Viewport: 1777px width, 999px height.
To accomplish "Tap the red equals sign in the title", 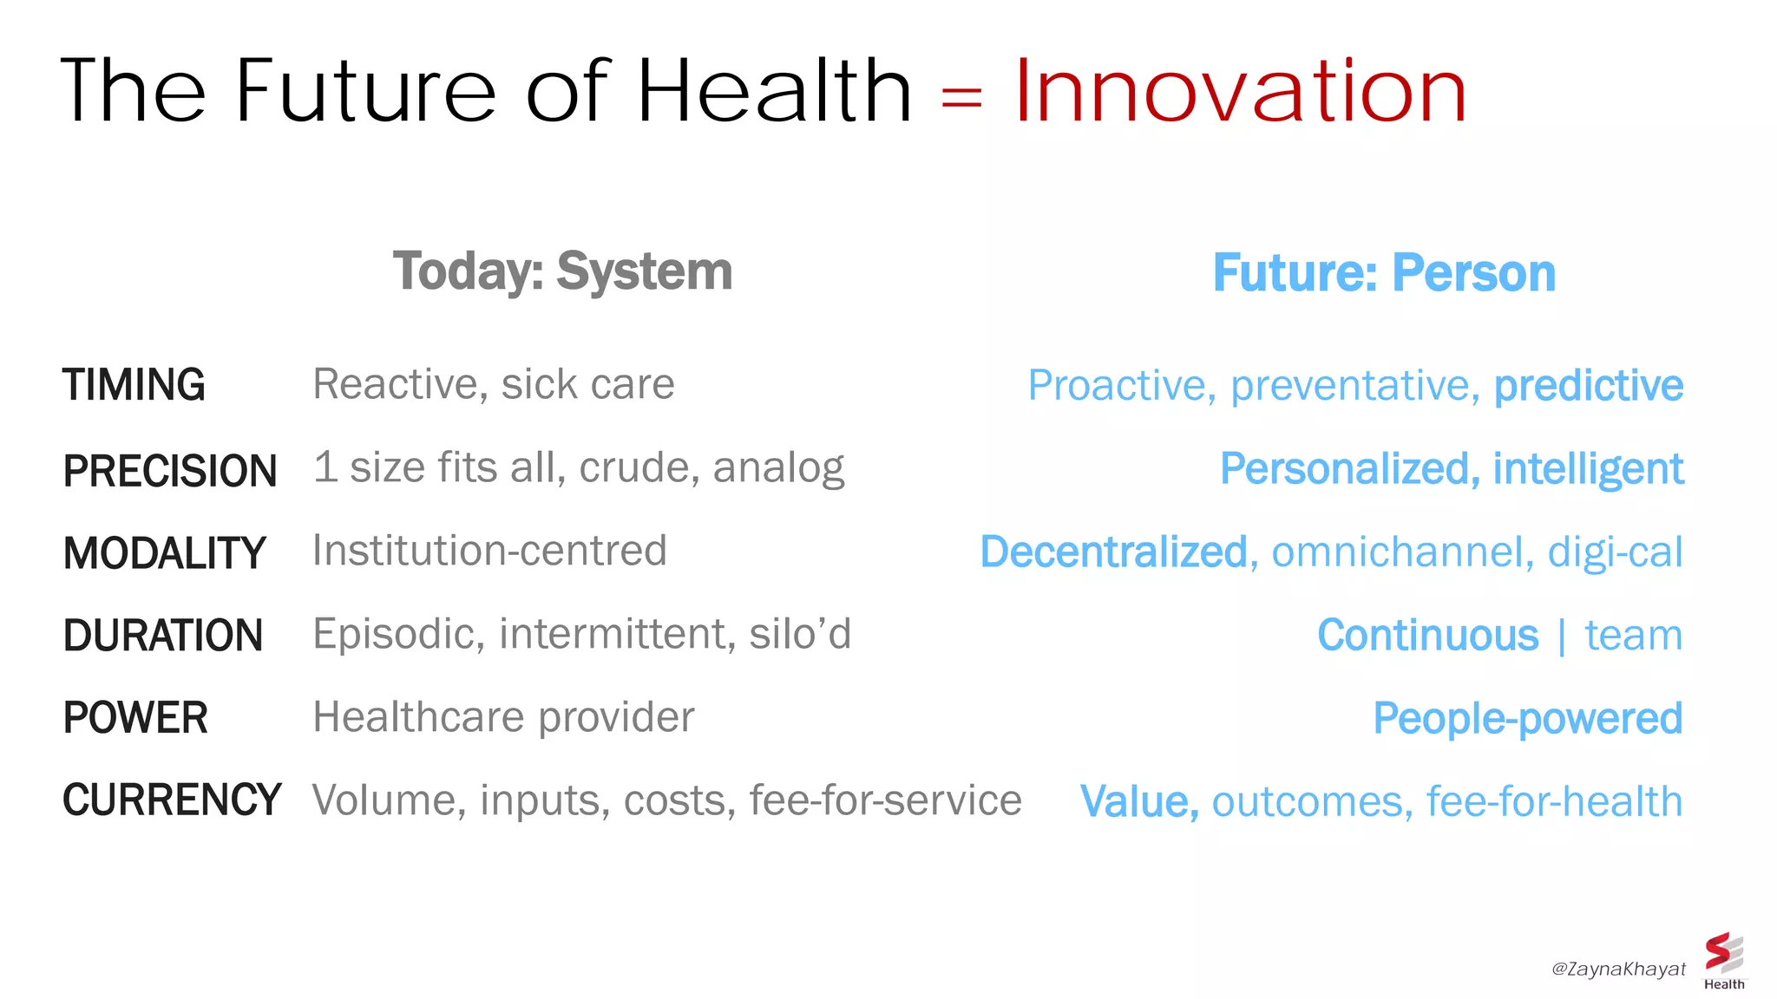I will (x=961, y=96).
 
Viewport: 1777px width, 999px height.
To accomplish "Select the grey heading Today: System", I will (x=562, y=271).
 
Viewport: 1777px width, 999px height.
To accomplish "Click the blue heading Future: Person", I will (x=1384, y=273).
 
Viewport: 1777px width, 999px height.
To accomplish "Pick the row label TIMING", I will (x=134, y=385).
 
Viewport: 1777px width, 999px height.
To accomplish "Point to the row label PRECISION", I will (x=170, y=471).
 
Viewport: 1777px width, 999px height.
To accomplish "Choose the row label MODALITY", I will (x=164, y=553).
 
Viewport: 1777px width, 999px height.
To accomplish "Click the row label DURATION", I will (x=162, y=636).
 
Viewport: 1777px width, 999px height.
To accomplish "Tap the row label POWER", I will (x=135, y=718).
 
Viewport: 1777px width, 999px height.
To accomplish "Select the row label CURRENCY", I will (x=172, y=800).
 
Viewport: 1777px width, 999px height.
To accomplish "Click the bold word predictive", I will (x=1588, y=386).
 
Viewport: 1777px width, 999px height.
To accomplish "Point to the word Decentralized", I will (x=1113, y=552).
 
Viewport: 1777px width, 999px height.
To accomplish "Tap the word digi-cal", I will (x=1615, y=552).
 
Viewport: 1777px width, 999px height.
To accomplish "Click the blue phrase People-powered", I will (x=1527, y=719).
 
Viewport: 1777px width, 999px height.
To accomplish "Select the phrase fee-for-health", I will (x=1554, y=801).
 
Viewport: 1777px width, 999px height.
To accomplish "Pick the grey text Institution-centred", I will (x=489, y=551).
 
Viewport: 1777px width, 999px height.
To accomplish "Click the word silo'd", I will (x=800, y=634).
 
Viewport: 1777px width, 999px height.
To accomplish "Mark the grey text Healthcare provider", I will (x=503, y=717).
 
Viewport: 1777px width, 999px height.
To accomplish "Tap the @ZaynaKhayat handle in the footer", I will (x=1617, y=969).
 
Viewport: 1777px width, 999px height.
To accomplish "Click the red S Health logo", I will (x=1723, y=959).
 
